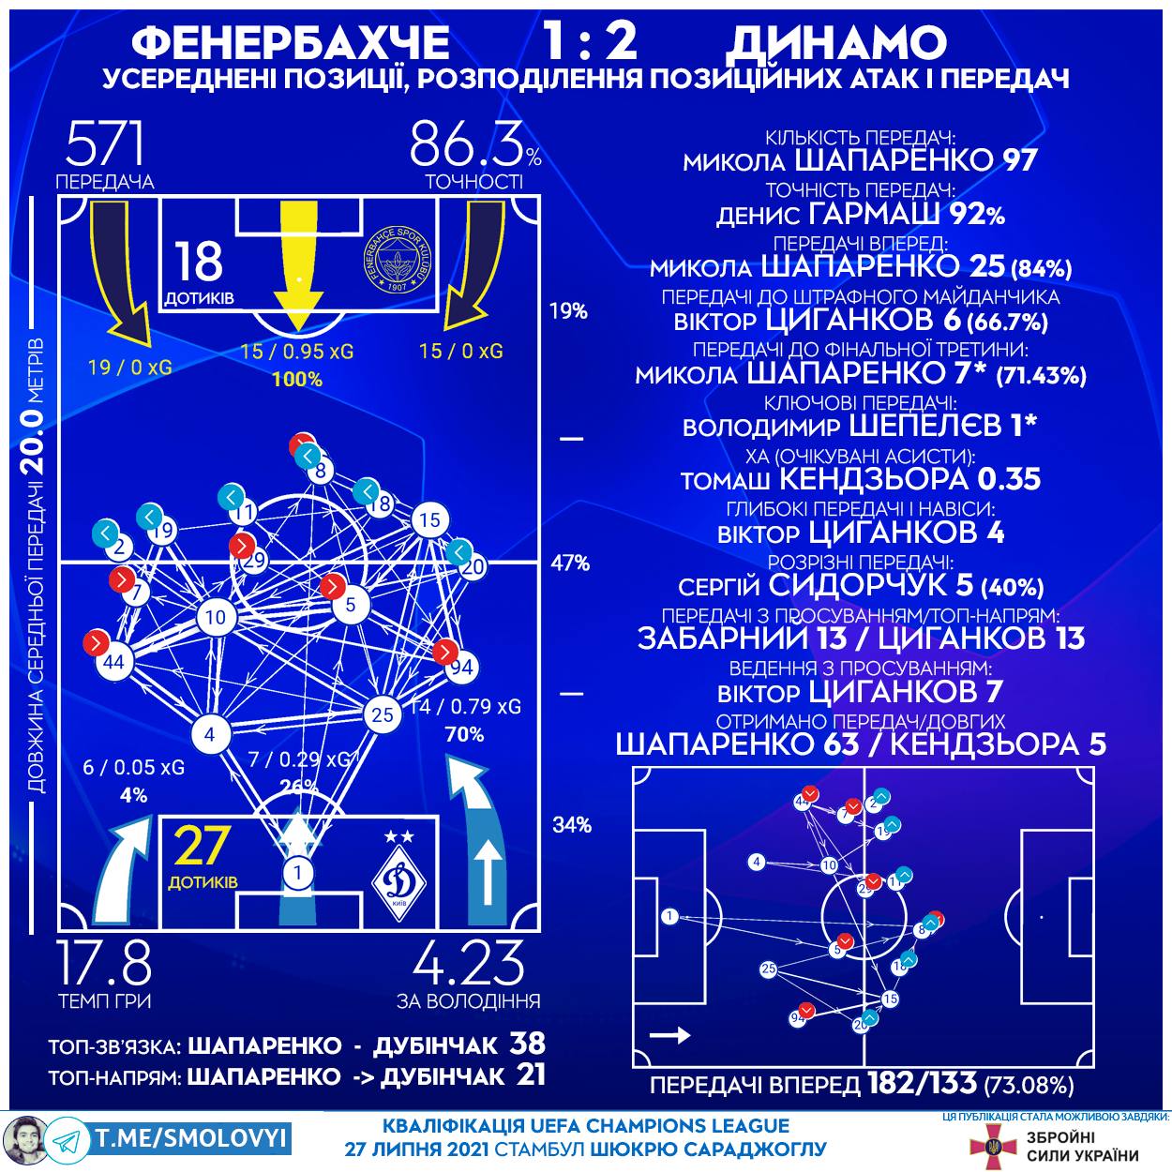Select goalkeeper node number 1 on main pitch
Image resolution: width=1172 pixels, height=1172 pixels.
click(298, 873)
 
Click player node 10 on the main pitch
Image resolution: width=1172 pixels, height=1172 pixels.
click(217, 617)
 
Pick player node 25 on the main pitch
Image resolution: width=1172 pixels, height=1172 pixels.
click(382, 714)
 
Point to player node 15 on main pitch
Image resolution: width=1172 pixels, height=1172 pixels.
click(429, 520)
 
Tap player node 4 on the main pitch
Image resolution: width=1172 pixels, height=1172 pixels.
click(209, 734)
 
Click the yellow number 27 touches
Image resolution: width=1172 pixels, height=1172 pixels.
click(201, 847)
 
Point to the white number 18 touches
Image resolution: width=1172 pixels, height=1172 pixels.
click(199, 262)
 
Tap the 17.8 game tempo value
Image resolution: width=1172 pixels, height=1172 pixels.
click(104, 961)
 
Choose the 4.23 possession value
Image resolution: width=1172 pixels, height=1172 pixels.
click(469, 961)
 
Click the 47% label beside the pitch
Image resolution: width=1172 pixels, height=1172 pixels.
click(570, 563)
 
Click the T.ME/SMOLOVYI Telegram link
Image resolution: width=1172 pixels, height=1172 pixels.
click(191, 1138)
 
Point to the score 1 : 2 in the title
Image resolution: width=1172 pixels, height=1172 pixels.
click(590, 41)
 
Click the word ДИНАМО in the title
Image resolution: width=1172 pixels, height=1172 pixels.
click(836, 41)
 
